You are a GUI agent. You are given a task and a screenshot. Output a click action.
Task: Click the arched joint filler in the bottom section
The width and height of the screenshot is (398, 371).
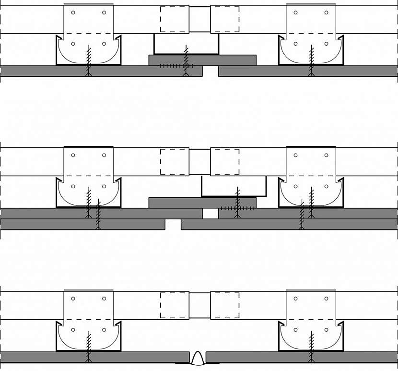[197, 358]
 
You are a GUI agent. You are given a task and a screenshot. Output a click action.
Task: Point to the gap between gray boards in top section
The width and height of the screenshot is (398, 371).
[211, 71]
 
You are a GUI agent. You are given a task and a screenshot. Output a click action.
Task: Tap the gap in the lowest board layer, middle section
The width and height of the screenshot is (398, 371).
[173, 224]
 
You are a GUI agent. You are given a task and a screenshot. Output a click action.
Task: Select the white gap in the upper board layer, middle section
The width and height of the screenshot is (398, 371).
[210, 214]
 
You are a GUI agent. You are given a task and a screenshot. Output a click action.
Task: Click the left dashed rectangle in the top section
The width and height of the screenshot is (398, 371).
[175, 19]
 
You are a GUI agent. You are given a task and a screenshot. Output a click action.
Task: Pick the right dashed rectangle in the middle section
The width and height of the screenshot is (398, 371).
[224, 161]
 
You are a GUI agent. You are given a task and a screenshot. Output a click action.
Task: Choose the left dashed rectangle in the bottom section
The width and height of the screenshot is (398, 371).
[175, 305]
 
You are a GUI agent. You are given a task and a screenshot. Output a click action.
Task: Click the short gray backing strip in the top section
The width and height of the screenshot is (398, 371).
[202, 60]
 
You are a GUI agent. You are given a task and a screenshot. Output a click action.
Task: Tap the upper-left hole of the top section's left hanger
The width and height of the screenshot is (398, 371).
[73, 12]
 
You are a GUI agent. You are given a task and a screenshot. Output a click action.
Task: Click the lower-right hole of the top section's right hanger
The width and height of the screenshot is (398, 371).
[326, 44]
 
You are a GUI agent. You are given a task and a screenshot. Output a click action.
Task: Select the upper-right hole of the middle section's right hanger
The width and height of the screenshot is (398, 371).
[326, 155]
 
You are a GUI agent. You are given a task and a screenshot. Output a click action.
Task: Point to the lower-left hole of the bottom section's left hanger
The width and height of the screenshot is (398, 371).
[73, 329]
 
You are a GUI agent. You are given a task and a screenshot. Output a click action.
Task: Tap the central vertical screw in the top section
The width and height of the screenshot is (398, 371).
[187, 60]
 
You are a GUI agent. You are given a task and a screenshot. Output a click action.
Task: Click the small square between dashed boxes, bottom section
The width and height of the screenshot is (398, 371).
[199, 305]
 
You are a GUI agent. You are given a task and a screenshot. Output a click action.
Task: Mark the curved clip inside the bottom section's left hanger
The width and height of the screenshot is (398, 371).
[88, 336]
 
